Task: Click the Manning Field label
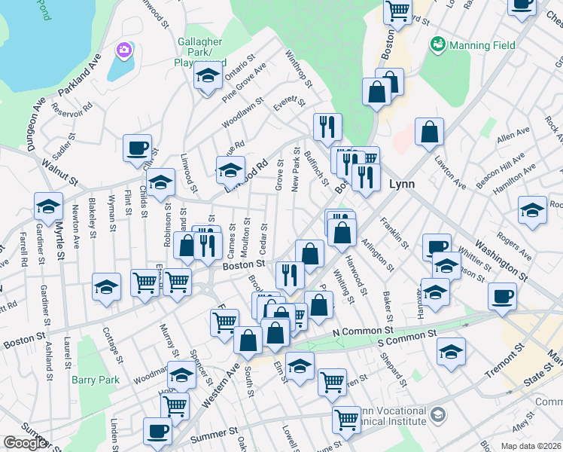[482, 45]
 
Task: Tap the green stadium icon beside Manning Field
[437, 45]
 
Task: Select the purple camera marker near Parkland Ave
[124, 50]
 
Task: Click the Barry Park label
[96, 380]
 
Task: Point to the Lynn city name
[402, 184]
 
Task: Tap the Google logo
[25, 443]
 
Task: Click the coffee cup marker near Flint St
[138, 148]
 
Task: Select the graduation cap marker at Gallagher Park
[207, 75]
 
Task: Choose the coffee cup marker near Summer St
[158, 431]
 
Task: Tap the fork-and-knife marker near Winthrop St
[327, 127]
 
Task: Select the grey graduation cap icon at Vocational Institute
[437, 414]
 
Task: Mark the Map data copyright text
[531, 446]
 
